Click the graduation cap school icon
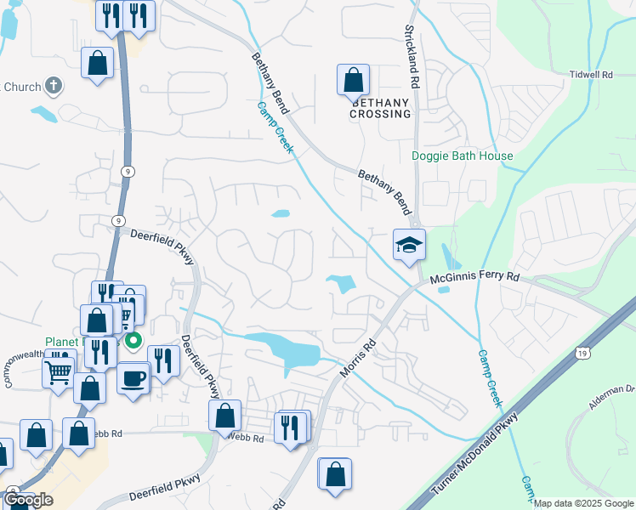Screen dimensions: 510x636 click(x=409, y=245)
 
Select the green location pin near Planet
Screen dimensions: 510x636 click(x=133, y=342)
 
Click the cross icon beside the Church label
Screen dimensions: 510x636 click(x=53, y=85)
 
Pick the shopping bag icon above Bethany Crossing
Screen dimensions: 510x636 click(x=353, y=81)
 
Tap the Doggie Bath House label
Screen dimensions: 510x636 click(x=462, y=156)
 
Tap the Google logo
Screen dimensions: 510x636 click(x=28, y=499)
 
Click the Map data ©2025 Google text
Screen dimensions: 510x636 click(x=583, y=503)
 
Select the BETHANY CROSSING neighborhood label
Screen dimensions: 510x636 click(x=380, y=107)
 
